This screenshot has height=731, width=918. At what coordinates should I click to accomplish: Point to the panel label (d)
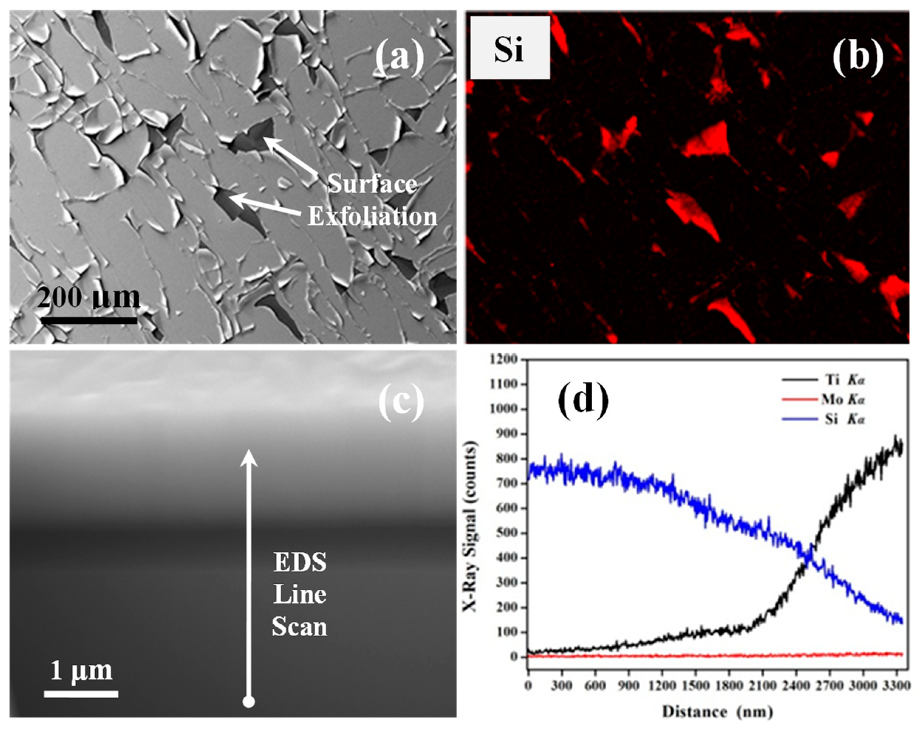tap(582, 401)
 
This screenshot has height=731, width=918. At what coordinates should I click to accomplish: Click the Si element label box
tap(510, 48)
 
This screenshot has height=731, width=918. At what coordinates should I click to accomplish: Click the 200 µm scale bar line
tap(89, 320)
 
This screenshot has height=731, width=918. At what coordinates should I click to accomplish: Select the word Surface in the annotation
tap(372, 184)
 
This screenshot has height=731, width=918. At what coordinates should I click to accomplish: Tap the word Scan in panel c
tap(300, 627)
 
